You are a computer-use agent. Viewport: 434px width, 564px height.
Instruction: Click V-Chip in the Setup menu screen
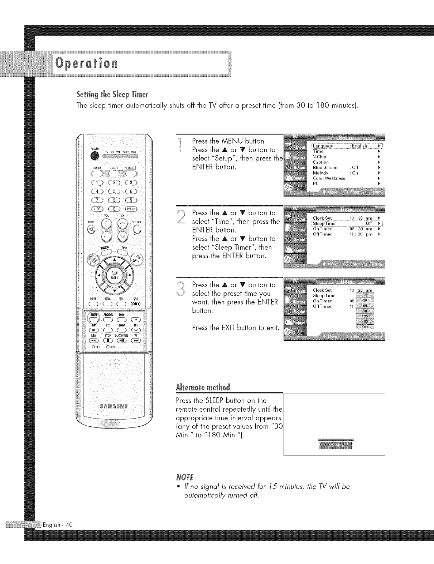click(x=319, y=157)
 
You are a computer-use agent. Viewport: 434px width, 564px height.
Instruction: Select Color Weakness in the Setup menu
click(x=329, y=178)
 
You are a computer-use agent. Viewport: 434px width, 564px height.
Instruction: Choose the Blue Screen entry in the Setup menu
click(x=325, y=167)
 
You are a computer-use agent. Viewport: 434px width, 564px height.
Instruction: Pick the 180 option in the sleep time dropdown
click(x=365, y=327)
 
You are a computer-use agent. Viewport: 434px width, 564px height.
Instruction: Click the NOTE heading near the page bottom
click(x=183, y=478)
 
